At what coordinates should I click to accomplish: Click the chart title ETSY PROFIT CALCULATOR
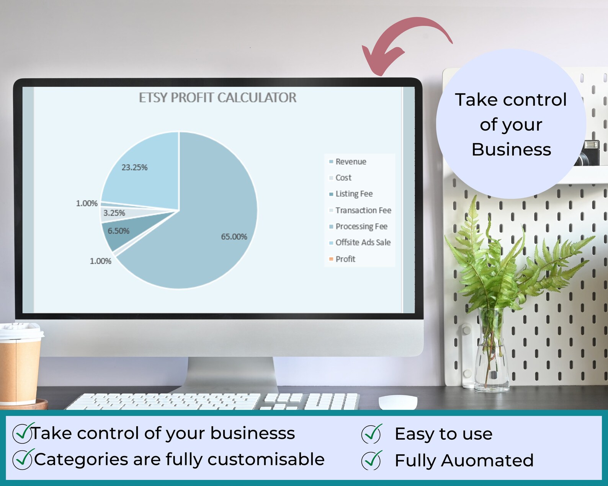(x=217, y=98)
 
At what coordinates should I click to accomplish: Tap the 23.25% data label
(x=134, y=168)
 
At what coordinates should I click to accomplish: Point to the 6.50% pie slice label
(x=118, y=231)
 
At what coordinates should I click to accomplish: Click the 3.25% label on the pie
(x=114, y=213)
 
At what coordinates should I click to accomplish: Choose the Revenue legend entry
(x=350, y=162)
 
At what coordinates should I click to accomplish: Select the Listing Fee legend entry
(x=353, y=194)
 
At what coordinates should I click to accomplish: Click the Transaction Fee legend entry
(x=363, y=210)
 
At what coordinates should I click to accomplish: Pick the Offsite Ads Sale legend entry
(x=363, y=243)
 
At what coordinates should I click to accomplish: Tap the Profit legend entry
(x=345, y=259)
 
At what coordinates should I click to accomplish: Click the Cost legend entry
(x=343, y=178)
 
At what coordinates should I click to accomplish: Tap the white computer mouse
(x=398, y=402)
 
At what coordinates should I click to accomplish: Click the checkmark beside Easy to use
(x=371, y=434)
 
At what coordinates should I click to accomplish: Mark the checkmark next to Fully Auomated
(x=371, y=460)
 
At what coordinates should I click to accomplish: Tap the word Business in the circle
(x=511, y=150)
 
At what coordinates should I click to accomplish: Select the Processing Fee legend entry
(x=361, y=227)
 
